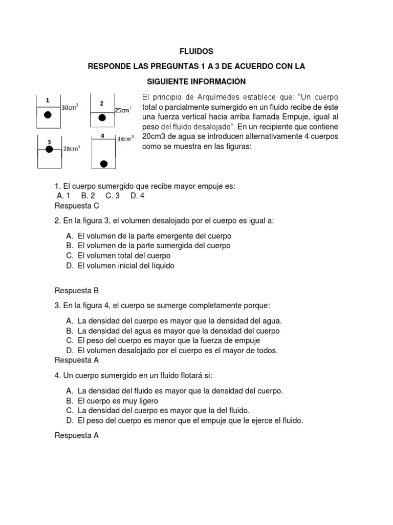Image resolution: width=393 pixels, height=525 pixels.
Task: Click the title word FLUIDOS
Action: (x=196, y=52)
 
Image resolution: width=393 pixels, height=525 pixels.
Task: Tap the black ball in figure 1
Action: (x=48, y=115)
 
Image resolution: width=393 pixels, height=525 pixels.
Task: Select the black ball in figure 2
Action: (x=102, y=118)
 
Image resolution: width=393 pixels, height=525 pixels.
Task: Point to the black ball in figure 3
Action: (x=49, y=149)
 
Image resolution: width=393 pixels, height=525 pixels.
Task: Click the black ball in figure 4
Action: (x=104, y=164)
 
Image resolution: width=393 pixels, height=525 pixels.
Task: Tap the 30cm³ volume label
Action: (x=70, y=108)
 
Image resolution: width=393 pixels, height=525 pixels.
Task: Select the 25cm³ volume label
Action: (x=123, y=110)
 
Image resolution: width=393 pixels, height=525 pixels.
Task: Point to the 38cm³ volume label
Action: (x=125, y=138)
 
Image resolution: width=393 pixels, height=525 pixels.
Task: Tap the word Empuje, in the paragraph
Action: (x=295, y=117)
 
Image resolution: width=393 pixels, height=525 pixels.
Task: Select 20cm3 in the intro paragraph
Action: (x=156, y=136)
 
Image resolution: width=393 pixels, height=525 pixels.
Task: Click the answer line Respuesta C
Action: (x=77, y=206)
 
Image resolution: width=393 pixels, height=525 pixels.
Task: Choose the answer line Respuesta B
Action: (x=77, y=290)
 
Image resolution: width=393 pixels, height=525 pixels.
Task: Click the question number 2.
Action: (x=57, y=220)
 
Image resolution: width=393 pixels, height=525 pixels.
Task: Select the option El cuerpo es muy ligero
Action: (x=118, y=401)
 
